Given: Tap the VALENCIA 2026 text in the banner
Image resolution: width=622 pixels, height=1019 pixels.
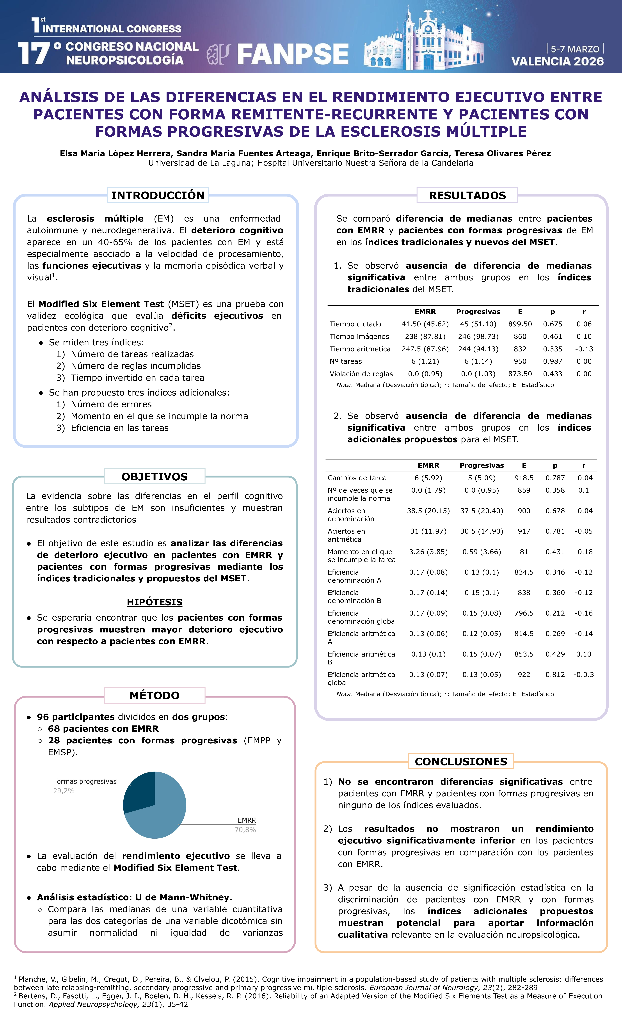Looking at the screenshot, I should click(558, 62).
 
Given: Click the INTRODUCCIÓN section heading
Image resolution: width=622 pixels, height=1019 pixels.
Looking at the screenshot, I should click(158, 195).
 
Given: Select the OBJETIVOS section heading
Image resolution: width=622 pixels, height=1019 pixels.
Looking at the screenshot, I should click(155, 476).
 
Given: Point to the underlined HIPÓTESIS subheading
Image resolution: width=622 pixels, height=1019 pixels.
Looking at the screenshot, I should click(155, 602).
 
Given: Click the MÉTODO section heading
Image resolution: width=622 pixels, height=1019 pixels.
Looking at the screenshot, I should click(155, 695).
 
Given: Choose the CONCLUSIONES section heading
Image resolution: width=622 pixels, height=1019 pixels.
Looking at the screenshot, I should click(461, 761).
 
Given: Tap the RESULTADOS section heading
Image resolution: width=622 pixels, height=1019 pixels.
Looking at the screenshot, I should click(467, 195).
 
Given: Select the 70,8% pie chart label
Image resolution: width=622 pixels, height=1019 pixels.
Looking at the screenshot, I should click(245, 830).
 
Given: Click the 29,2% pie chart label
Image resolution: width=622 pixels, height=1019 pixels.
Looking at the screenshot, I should click(64, 791).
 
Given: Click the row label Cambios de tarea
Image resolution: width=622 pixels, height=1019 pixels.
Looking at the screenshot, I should click(357, 478).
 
